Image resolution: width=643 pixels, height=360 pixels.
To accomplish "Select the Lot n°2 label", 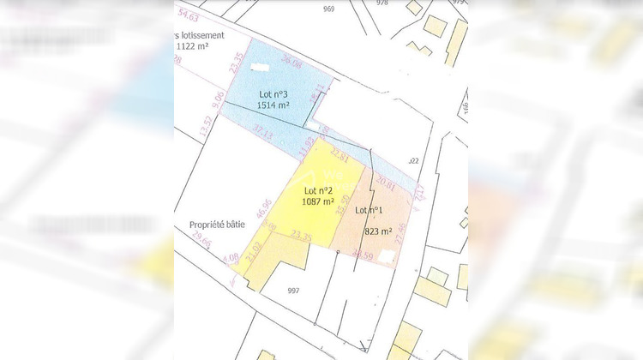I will pos(319,190).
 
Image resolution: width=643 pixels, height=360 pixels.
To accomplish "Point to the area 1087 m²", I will pos(319,202).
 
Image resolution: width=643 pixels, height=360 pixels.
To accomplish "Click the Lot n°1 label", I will pos(368,210).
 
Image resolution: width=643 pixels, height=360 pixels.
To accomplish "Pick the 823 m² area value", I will pos(378,231).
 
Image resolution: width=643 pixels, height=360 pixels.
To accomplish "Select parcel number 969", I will pos(329,9).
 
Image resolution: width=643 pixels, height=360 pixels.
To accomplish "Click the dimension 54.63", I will pos(187,16).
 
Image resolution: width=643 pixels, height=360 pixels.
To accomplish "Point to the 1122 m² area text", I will pos(195,48).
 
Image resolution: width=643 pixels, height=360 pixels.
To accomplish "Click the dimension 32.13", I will pos(262,134).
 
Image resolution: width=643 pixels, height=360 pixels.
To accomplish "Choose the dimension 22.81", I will pos(338,158).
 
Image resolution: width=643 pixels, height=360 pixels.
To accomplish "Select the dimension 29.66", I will pos(201,243).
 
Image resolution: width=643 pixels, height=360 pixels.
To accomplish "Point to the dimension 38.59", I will pos(362,253).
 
